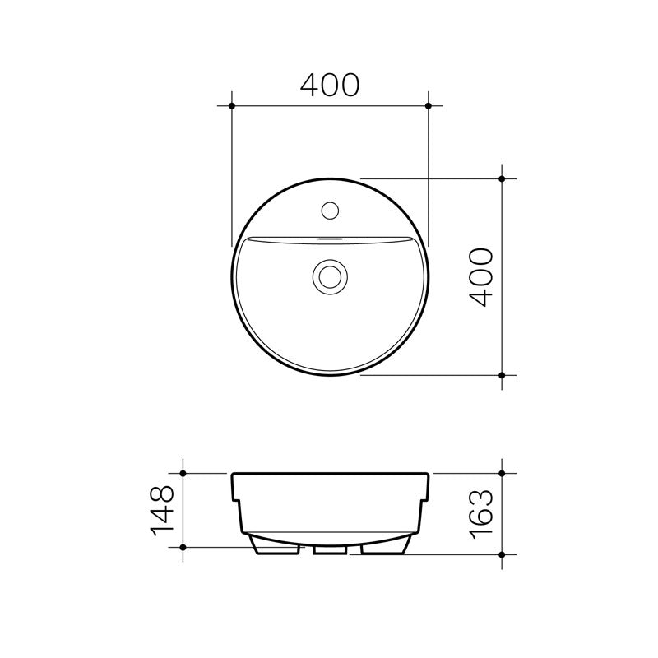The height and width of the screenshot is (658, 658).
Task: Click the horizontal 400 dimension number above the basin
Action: tap(330, 85)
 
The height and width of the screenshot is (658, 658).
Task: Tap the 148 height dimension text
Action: tap(162, 510)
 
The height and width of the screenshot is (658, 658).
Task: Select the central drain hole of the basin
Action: tap(330, 276)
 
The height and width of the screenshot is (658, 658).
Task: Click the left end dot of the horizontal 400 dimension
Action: tap(232, 106)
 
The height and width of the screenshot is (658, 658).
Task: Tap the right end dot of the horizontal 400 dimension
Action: tap(429, 106)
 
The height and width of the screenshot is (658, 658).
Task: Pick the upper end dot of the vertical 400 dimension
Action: tap(503, 178)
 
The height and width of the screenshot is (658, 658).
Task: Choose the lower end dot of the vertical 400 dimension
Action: tap(503, 375)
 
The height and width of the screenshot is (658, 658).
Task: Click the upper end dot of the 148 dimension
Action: tap(183, 474)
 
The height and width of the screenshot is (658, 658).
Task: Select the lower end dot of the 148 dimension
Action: tap(183, 547)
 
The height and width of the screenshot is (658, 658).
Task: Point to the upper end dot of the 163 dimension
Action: tap(503, 474)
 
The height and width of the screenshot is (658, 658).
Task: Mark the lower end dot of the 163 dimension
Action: tap(503, 554)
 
